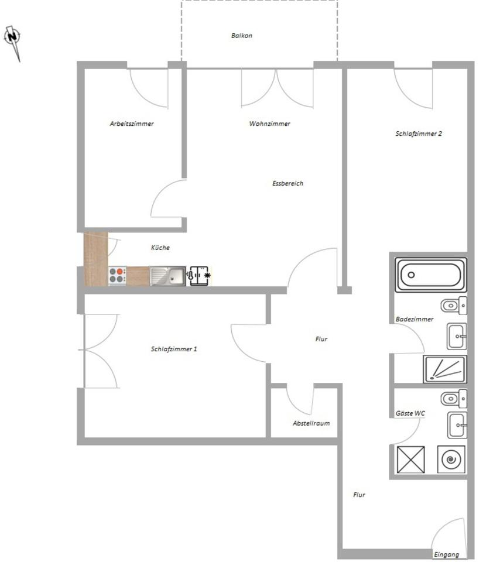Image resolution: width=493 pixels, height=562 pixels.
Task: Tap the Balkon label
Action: coord(242,36)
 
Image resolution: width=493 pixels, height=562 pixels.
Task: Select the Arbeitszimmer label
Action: coord(132,124)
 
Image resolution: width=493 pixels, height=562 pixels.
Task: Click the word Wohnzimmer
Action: coord(269,124)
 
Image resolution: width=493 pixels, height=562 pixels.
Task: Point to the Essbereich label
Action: coord(287,183)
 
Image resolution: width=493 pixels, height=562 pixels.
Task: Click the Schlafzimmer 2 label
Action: coord(419,133)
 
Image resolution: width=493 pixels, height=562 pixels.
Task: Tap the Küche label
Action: coord(160,248)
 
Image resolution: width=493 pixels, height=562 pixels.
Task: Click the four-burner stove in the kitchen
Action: coord(117,275)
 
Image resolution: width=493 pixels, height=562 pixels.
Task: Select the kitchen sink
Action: coord(167,276)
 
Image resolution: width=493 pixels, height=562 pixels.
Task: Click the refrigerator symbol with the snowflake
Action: coord(199,275)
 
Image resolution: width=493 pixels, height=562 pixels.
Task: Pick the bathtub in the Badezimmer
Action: coord(431,275)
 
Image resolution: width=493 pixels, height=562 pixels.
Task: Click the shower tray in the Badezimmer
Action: coord(444,369)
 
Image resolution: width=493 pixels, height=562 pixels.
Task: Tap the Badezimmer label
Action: coord(415,319)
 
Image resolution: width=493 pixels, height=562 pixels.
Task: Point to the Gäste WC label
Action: coord(410,413)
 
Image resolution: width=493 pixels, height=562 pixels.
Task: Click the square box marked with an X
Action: coord(410,459)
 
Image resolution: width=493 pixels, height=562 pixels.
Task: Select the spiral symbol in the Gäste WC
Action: coord(451,459)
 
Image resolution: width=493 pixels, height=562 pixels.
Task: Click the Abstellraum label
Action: coord(311,423)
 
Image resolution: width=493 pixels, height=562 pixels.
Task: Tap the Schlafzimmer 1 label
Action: coord(174,349)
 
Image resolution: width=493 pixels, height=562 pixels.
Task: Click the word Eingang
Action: coord(446,554)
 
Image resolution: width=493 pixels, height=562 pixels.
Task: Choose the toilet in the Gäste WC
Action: coord(454,399)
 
